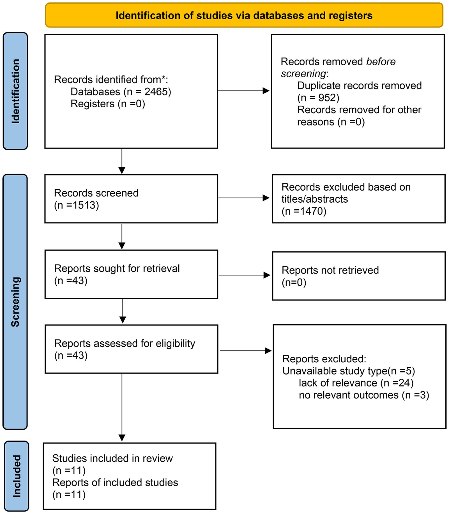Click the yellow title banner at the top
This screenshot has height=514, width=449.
[x=244, y=15]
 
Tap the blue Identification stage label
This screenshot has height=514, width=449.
[x=15, y=91]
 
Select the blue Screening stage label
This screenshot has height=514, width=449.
[x=15, y=302]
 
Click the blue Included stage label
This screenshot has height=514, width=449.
[x=17, y=476]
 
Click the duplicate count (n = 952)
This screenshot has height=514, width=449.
[x=318, y=98]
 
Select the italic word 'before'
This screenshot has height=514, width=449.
[x=381, y=61]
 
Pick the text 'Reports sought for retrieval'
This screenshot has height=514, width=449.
[x=117, y=268]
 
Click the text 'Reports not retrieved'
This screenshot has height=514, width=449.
[x=330, y=270]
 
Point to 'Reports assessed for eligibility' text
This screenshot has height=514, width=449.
[x=125, y=343]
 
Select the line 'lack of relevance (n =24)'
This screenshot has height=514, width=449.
[x=356, y=383]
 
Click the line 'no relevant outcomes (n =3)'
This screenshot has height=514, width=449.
[x=364, y=395]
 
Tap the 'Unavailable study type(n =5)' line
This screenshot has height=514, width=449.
[x=349, y=371]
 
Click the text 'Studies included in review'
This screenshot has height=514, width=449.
[x=112, y=458]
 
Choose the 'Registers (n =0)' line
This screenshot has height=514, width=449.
[x=108, y=104]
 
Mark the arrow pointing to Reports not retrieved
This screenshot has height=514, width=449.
[x=245, y=275]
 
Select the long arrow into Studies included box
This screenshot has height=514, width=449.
[x=122, y=407]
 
